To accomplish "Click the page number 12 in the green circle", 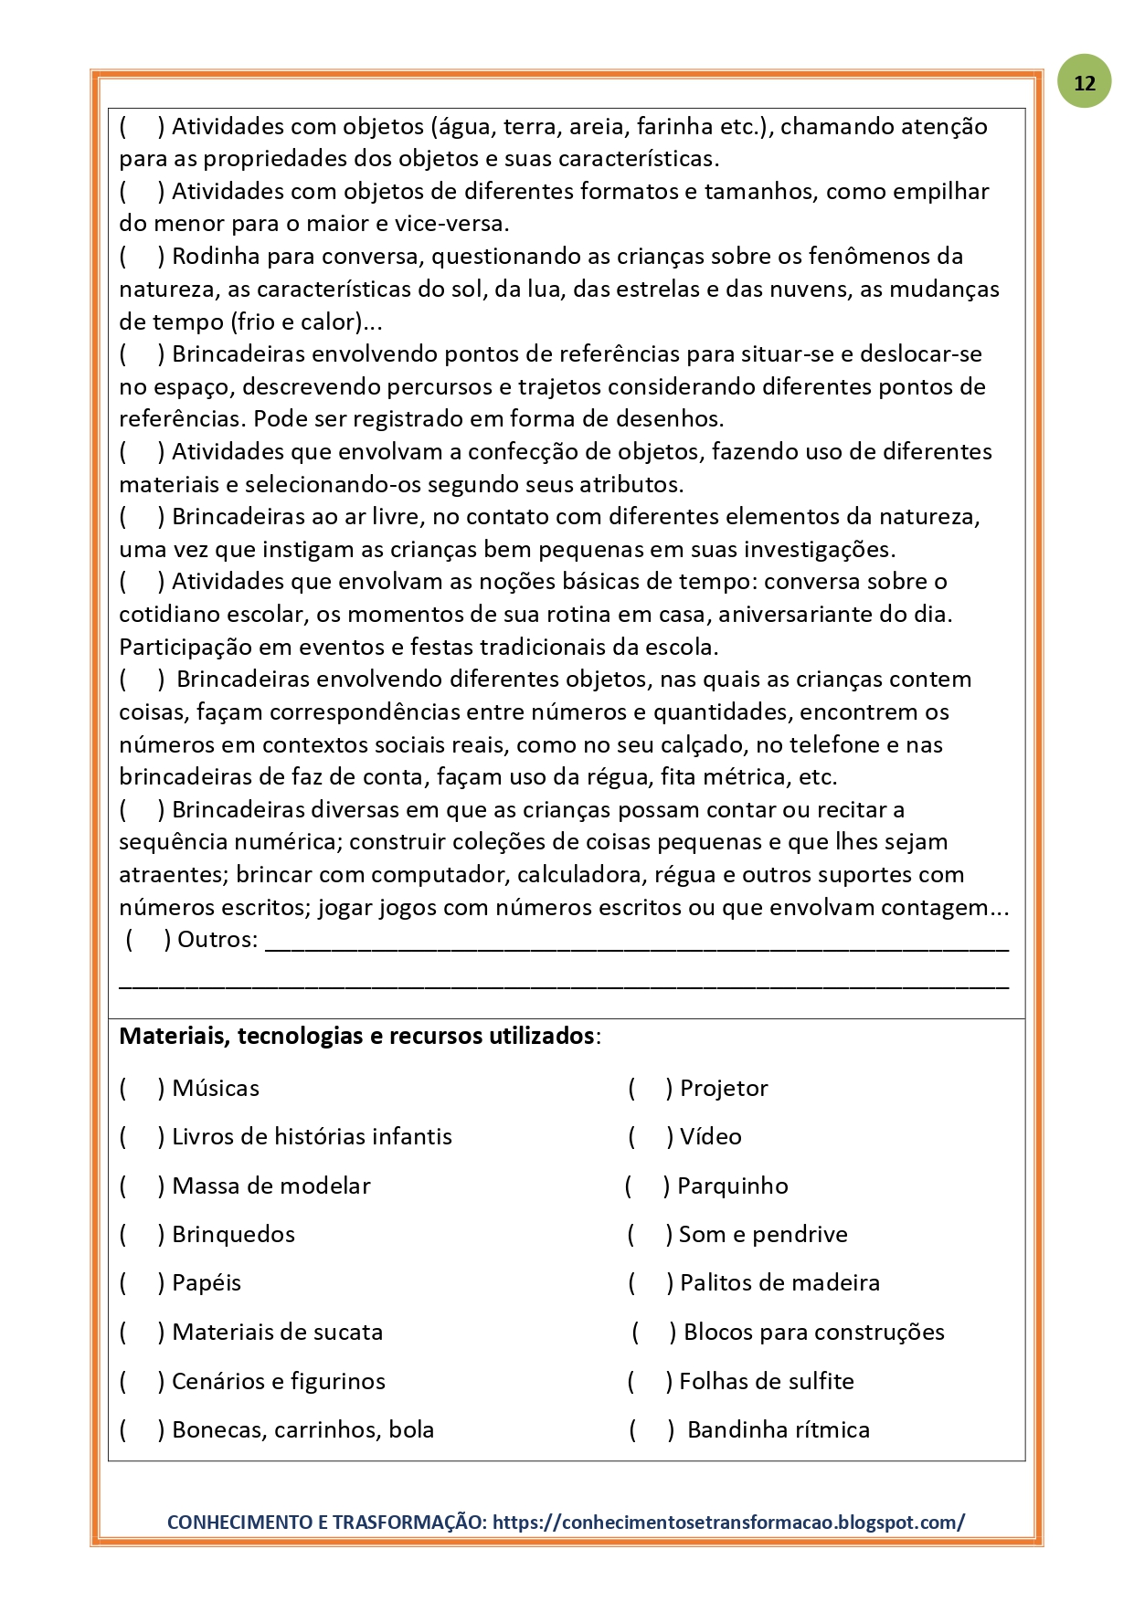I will click(x=1085, y=83).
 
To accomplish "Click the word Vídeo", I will click(x=711, y=1137).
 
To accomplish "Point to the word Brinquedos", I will click(x=234, y=1235).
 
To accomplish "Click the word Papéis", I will click(x=207, y=1283).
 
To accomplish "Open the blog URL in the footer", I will click(x=728, y=1523).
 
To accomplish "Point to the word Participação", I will click(x=185, y=648).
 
